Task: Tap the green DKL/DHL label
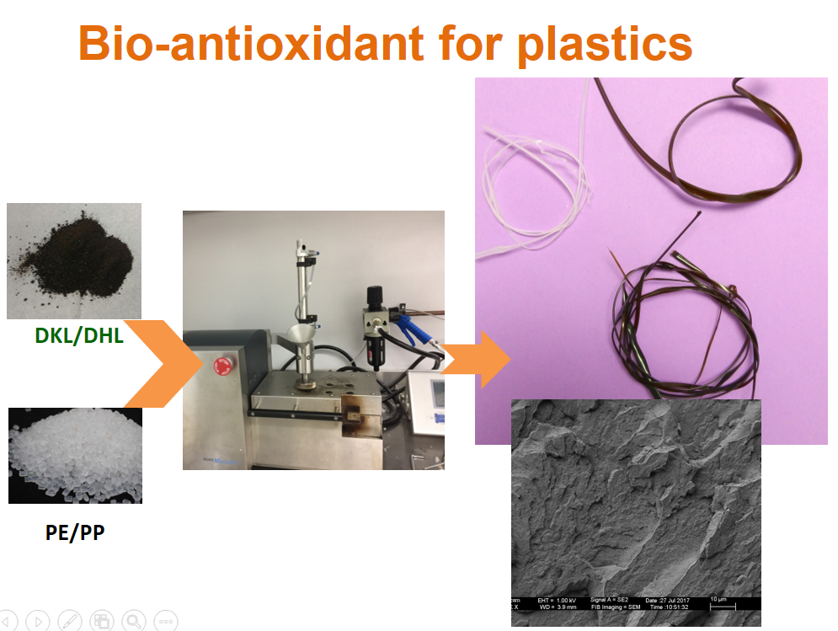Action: pos(79,336)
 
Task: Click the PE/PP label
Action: pos(75,532)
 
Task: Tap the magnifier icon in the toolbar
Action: pos(133,621)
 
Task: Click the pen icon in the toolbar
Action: pos(69,621)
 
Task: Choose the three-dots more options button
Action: pos(165,621)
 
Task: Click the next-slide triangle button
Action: pos(37,621)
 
